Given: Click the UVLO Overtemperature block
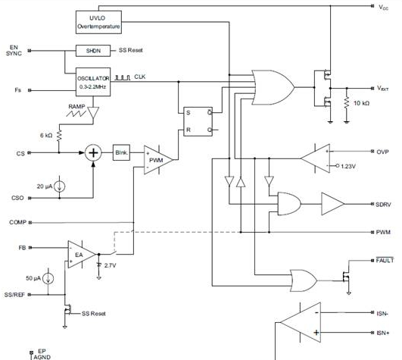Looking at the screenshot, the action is click(98, 22).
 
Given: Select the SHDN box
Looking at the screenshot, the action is click(93, 51).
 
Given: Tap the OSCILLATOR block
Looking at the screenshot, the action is click(93, 82).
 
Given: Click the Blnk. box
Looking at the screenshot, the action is click(122, 152).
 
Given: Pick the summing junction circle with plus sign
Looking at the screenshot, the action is click(93, 153).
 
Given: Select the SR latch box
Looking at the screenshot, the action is click(198, 121).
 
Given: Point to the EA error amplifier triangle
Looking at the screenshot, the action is click(82, 255).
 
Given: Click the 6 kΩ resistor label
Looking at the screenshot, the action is click(46, 135).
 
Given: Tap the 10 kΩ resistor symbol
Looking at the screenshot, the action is click(347, 102).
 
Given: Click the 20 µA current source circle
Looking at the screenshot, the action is click(60, 186).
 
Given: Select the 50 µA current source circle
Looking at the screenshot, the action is click(48, 279).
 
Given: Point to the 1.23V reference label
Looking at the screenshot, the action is click(348, 166).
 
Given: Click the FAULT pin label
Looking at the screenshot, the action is click(385, 260).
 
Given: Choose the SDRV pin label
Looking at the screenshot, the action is click(383, 205).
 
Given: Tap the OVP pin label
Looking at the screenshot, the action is click(382, 152).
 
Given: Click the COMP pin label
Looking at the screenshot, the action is click(17, 222).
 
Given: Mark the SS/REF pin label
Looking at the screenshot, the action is click(14, 295).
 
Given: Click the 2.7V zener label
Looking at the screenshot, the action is click(111, 265).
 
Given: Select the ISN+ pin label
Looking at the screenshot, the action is click(383, 333).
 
